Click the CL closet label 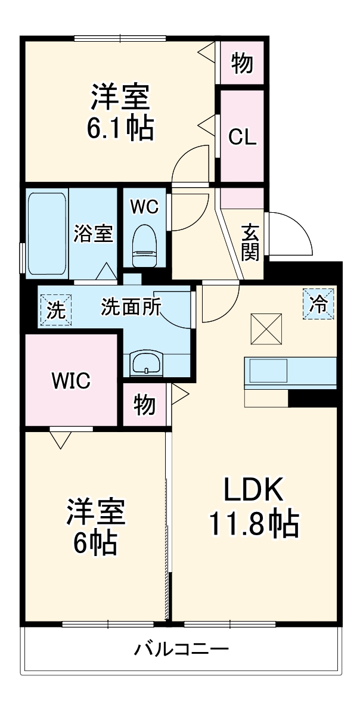coord(243,137)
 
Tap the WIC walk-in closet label coord(70,380)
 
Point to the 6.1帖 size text coord(120,127)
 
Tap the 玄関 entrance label coord(250,242)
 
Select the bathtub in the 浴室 coord(47,233)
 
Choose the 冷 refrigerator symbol coord(318,304)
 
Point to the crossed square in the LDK coord(264,328)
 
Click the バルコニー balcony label coord(181,648)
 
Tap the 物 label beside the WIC coord(145,405)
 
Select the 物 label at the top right coord(242,63)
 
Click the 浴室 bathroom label coord(94,234)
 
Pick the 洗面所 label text coord(131,306)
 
